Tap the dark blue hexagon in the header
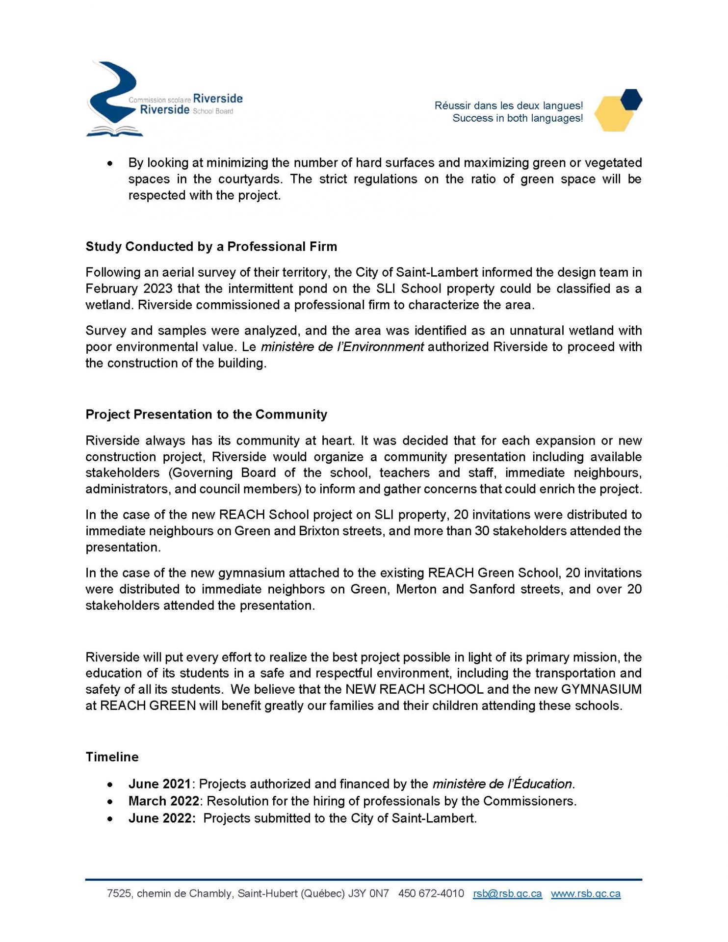coord(630,99)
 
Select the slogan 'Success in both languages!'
coord(518,118)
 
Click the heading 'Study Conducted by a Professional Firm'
coord(211,246)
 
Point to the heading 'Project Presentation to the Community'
coord(206,414)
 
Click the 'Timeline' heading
coord(112,757)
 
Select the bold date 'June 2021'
coord(159,784)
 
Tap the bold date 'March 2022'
coord(163,801)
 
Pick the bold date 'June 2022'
coord(161,818)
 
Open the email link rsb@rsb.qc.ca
coord(507,893)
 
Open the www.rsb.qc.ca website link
coord(586,893)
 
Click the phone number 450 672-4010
coord(431,893)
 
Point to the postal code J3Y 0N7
coord(368,893)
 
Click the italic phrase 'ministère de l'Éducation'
coord(502,784)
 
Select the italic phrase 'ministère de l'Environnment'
coord(342,347)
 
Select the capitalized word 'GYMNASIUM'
coord(601,689)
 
